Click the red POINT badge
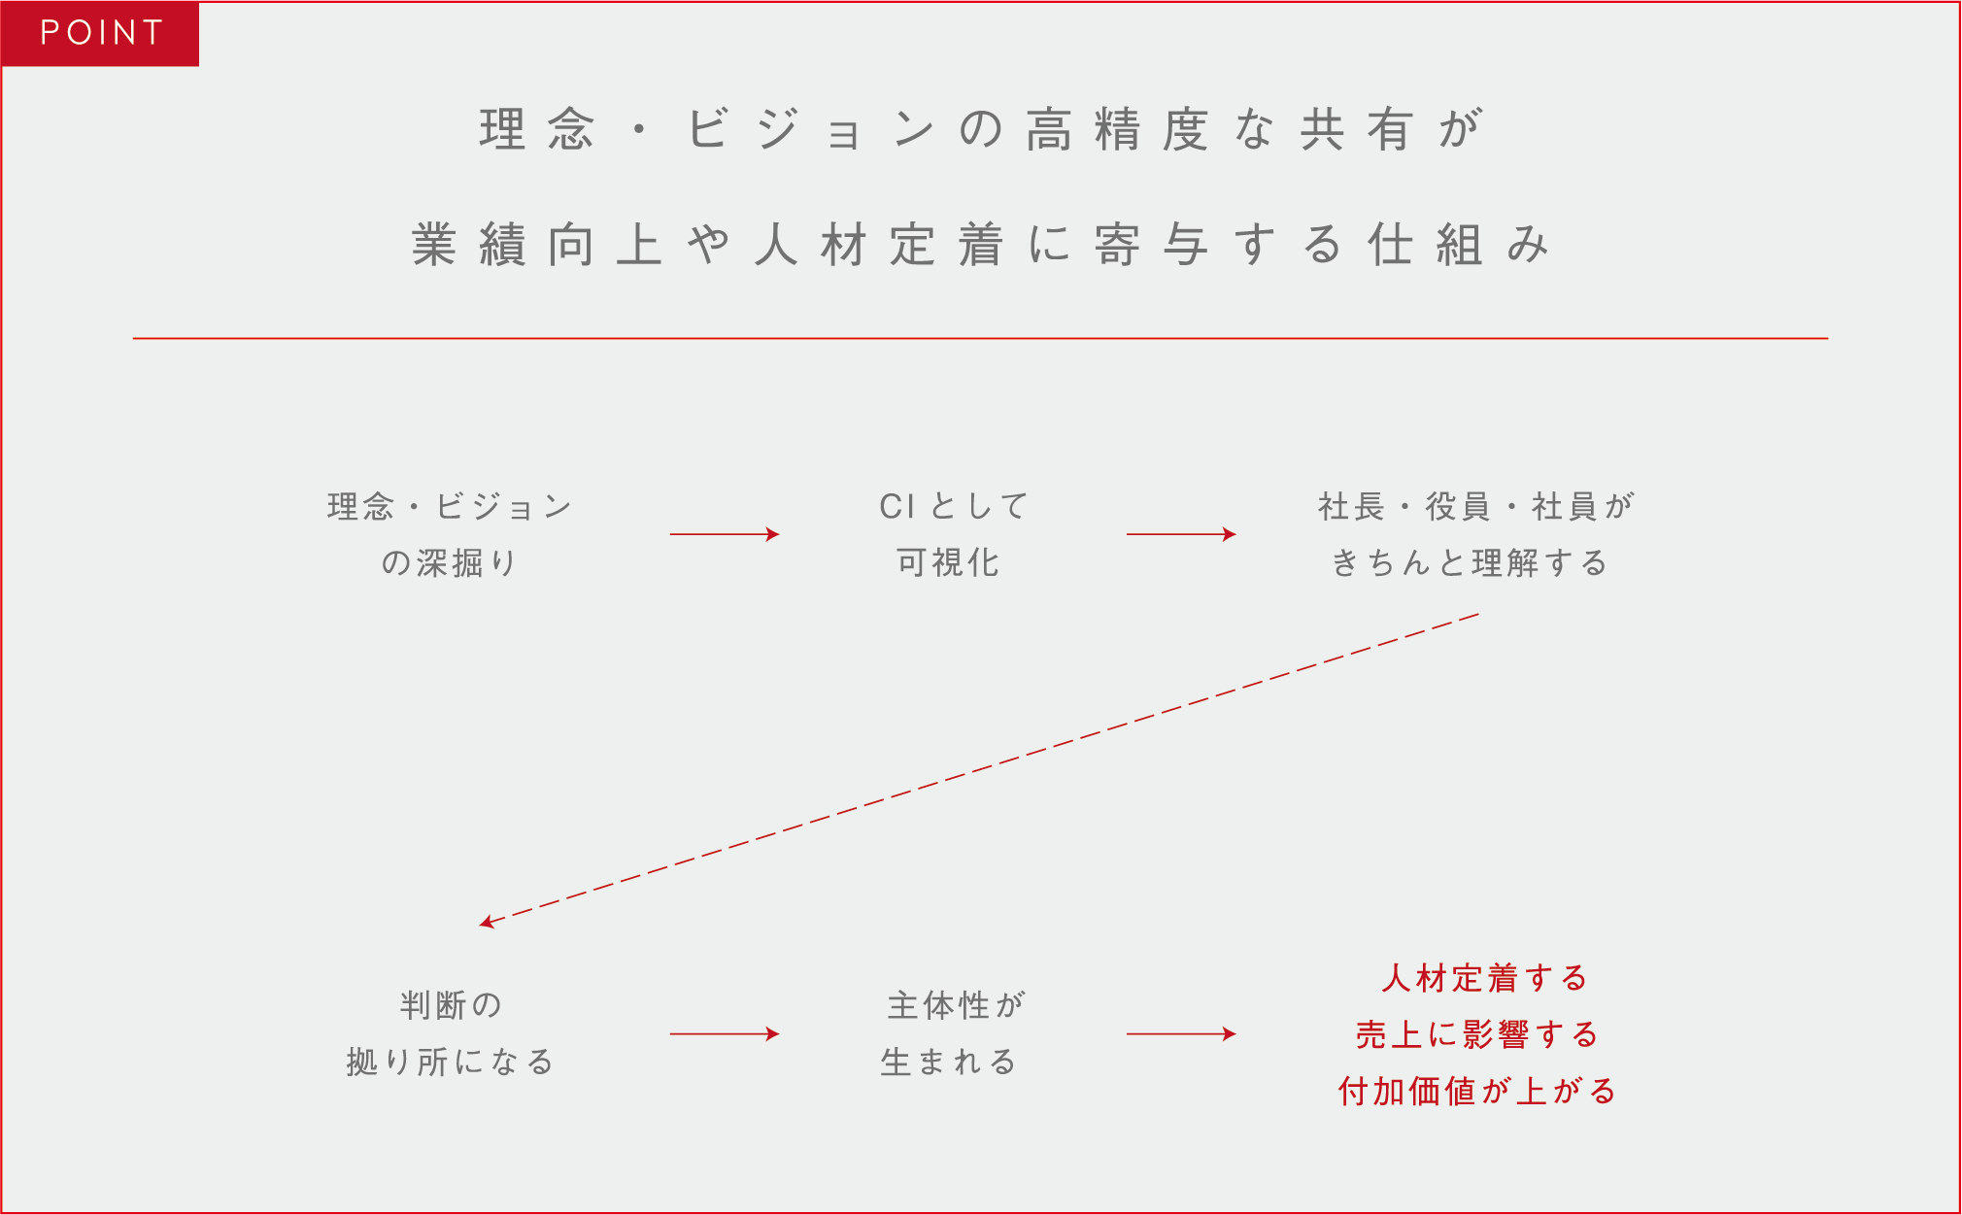pos(100,34)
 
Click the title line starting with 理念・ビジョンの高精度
pos(981,129)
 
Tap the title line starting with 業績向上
pos(981,244)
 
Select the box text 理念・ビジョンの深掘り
pos(450,534)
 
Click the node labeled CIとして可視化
pos(953,534)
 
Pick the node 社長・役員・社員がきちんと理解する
pos(1475,534)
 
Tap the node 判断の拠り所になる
pos(450,1033)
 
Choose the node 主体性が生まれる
pos(953,1033)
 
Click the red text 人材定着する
pos(1484,977)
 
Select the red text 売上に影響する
pos(1476,1034)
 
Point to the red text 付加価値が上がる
pos(1476,1091)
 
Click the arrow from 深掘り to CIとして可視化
pos(725,534)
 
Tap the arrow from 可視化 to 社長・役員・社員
pos(1181,534)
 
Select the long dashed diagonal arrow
pos(979,769)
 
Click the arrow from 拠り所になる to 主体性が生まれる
pos(725,1034)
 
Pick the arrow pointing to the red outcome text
pos(1181,1034)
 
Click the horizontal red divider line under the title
pos(980,338)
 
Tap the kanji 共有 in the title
pos(1356,129)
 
